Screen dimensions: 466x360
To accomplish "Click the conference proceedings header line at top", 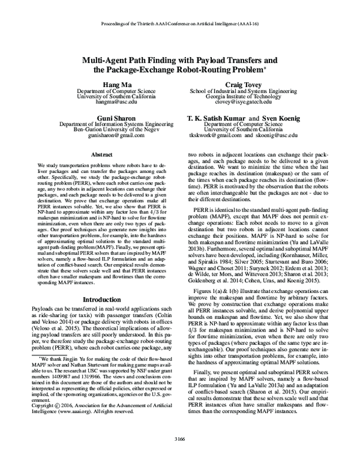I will click(x=179, y=26).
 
